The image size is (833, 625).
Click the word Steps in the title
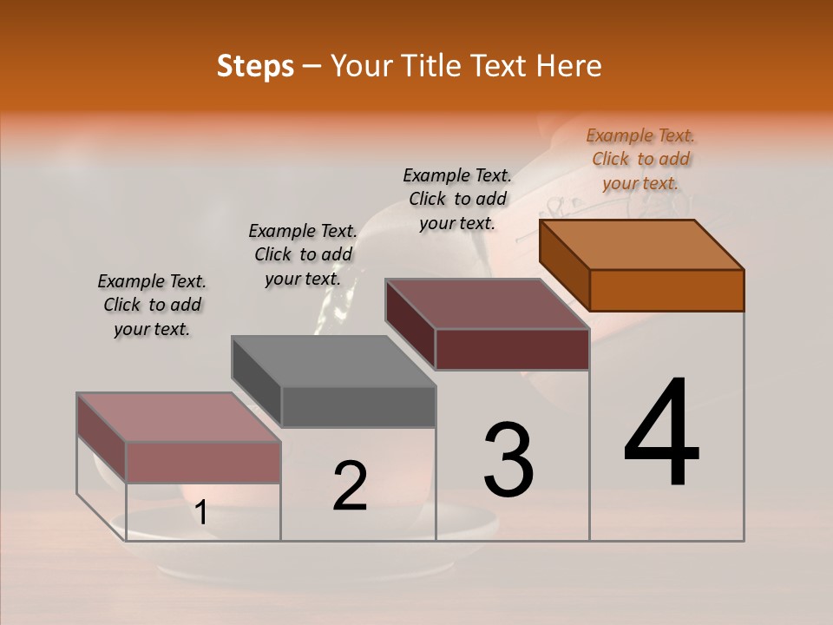(255, 66)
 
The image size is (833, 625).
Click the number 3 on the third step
(508, 460)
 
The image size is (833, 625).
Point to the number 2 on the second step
(350, 486)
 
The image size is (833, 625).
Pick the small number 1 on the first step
(200, 512)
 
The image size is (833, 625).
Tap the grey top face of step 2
(333, 361)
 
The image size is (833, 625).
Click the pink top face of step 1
(179, 418)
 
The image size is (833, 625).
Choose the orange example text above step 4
(640, 159)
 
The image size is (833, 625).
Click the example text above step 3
(457, 199)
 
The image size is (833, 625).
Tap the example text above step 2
(303, 254)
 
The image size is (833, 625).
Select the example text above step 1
(152, 305)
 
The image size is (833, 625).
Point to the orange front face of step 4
(666, 290)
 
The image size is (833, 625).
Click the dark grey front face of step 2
(358, 406)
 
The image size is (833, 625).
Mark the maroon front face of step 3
(512, 349)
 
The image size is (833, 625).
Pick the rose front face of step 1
(203, 462)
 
